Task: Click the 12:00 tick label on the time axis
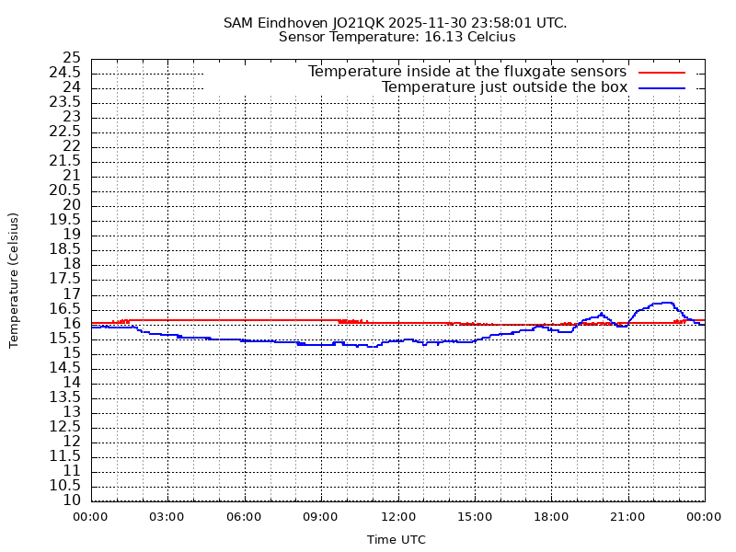point(397,517)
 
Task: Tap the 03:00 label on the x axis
point(167,517)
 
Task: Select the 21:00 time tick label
point(627,517)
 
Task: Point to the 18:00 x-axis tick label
point(551,517)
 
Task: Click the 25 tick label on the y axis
point(72,58)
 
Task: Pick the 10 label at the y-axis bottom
point(72,500)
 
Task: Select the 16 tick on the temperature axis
point(72,323)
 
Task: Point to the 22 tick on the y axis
point(72,146)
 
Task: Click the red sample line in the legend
point(662,72)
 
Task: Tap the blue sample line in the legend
point(662,87)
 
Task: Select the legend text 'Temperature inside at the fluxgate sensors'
point(466,72)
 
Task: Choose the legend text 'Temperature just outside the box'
point(504,87)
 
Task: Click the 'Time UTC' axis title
point(397,540)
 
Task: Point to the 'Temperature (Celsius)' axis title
point(14,280)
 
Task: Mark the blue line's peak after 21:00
point(664,302)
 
